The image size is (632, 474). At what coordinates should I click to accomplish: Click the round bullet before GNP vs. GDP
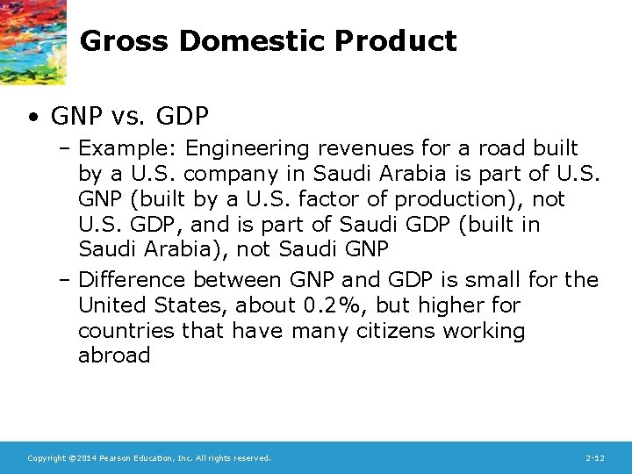click(32, 116)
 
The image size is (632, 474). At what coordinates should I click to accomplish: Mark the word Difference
click(133, 280)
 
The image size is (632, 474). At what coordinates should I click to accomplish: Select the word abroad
click(114, 355)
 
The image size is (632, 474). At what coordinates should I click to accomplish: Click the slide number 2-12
click(594, 458)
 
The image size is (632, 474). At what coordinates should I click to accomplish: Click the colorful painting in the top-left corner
click(32, 39)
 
